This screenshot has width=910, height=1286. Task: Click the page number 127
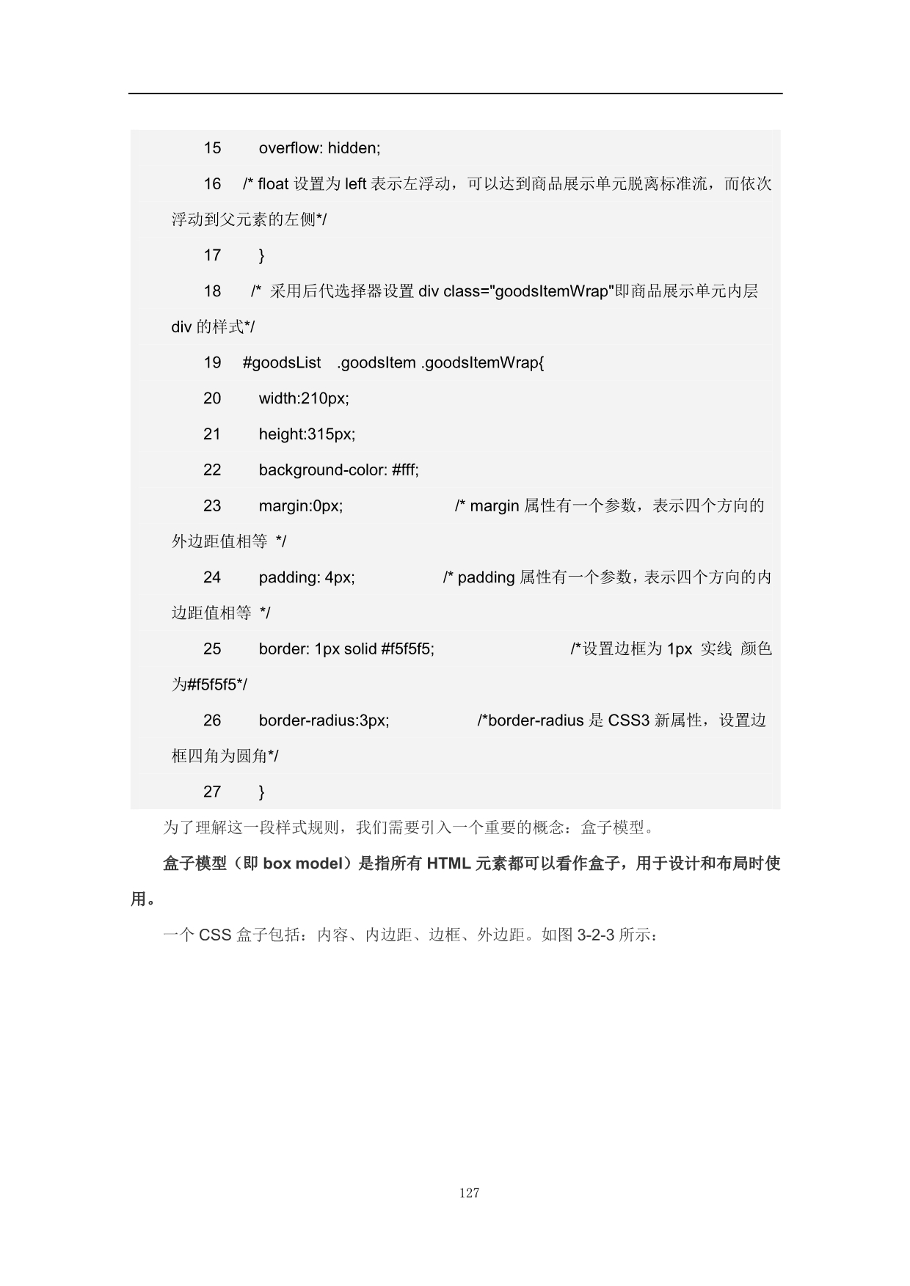(469, 1193)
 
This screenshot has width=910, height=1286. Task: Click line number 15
(212, 148)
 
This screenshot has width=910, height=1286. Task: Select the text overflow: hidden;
(319, 148)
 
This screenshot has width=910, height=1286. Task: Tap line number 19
(212, 362)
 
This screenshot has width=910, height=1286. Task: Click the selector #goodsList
(282, 362)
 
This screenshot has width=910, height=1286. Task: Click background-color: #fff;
(338, 470)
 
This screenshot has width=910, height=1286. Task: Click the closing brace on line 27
(262, 792)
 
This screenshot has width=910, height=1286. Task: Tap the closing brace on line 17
(262, 255)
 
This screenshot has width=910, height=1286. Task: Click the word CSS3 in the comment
(629, 720)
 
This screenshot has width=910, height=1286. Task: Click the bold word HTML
(448, 863)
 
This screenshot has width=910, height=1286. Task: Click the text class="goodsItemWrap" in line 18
(527, 291)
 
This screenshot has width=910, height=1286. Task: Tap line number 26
(212, 720)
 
